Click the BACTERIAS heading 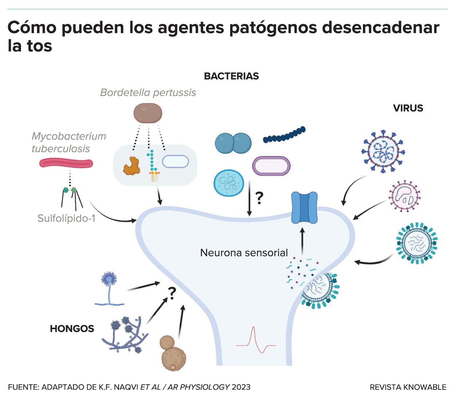coord(231,76)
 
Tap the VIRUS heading coord(408,108)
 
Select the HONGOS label coord(72,328)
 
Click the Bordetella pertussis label coord(148,92)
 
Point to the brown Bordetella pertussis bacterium coord(147,113)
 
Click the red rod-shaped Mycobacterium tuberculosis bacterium coord(66,163)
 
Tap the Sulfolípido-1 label coord(66,218)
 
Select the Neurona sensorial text coord(244,252)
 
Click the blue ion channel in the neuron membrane coord(304,208)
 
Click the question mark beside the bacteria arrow coord(259,198)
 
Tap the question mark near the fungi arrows coord(172,293)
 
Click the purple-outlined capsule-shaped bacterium coord(271,166)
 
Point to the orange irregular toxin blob coord(131,166)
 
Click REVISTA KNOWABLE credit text coord(408,387)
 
